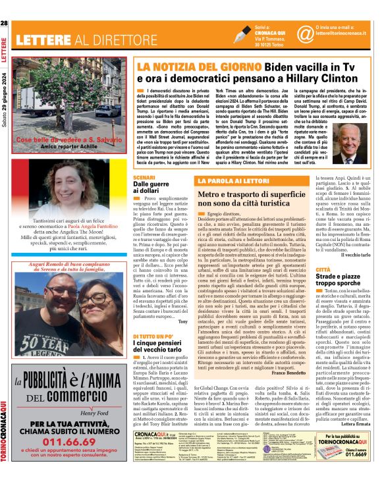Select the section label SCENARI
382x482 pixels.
(x=144, y=178)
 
